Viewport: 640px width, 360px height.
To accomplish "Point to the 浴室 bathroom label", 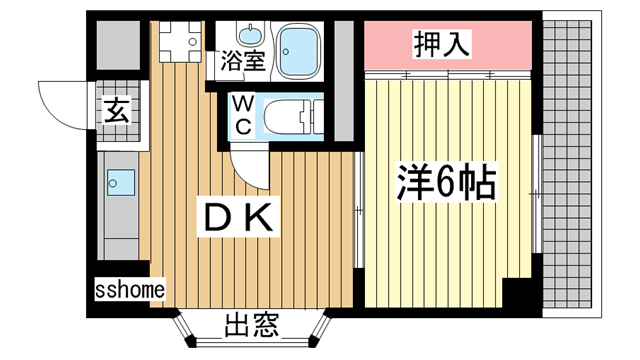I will (x=242, y=59).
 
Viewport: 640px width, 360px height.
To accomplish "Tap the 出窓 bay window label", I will (x=250, y=326).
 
